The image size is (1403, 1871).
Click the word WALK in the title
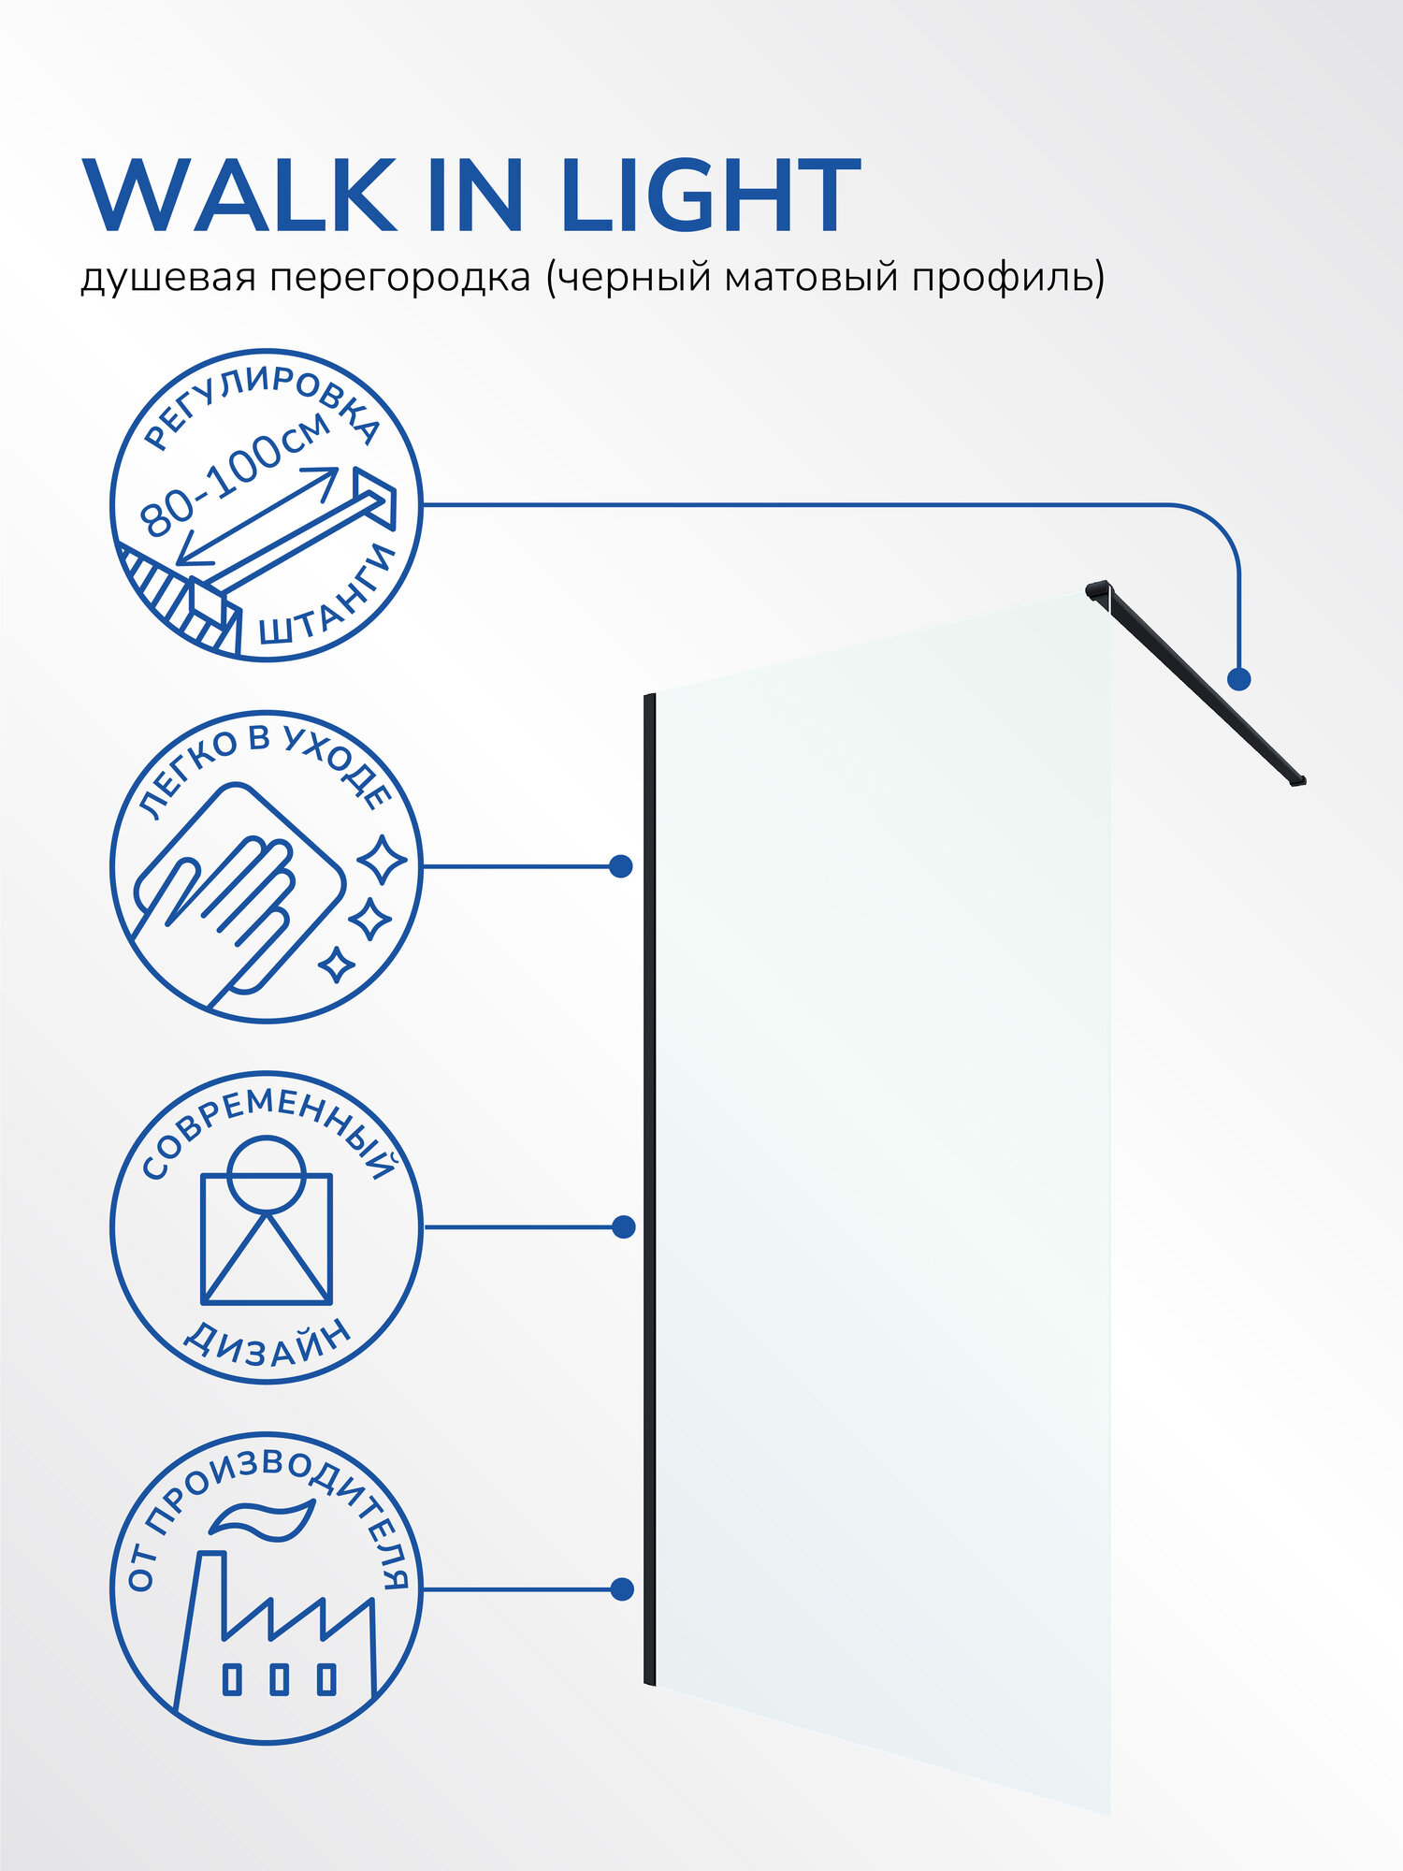point(239,196)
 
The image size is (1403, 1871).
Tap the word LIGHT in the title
point(713,196)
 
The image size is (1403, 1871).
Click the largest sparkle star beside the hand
point(383,860)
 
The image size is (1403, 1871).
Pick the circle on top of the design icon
point(267,1174)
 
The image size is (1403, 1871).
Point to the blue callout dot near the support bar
point(1239,679)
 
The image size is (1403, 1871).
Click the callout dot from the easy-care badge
point(620,866)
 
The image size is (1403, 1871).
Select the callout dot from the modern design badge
point(623,1226)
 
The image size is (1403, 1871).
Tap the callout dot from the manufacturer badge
point(621,1588)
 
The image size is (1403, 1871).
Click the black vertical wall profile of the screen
point(649,1188)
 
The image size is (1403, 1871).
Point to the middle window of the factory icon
point(279,1678)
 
